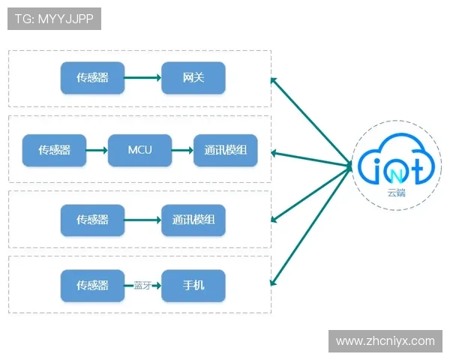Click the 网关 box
coord(193,78)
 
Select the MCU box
coord(139,150)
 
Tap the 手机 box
coord(193,286)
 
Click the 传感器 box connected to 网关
coord(92,78)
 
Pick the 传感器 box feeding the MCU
coord(55,150)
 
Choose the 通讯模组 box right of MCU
coord(226,150)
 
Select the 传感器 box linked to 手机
coord(92,286)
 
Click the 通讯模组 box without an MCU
coord(193,220)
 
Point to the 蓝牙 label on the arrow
coord(142,286)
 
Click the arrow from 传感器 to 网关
coord(142,78)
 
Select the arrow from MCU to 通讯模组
coord(182,150)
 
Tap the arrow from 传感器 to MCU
coord(97,150)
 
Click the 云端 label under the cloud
coord(395,193)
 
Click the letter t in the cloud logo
coord(416,165)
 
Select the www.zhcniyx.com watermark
coord(385,341)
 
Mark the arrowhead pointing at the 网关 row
coord(274,79)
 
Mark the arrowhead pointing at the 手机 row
coord(274,281)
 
